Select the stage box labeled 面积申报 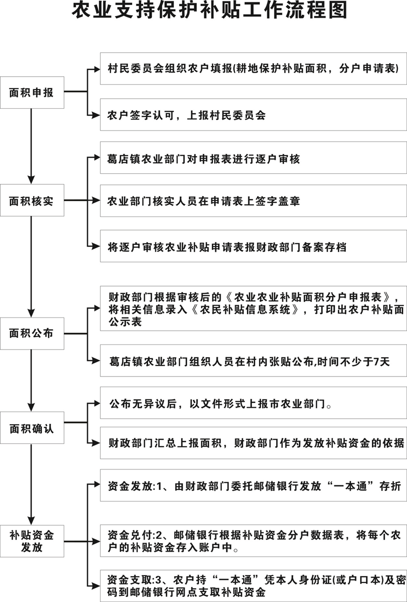(32, 92)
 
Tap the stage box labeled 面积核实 (32, 200)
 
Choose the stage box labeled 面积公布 (32, 333)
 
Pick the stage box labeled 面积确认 (32, 428)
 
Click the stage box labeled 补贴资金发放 (32, 541)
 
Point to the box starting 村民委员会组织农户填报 (253, 69)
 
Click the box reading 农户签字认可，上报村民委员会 (253, 114)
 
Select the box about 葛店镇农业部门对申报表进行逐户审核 (253, 157)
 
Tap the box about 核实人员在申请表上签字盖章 (253, 200)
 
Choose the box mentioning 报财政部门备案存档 (253, 246)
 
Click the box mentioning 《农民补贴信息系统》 (253, 308)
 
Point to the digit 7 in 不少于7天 (376, 361)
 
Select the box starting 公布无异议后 (253, 403)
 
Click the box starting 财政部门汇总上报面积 (253, 442)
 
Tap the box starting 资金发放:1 (253, 485)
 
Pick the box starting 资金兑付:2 (253, 541)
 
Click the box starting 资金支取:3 (253, 586)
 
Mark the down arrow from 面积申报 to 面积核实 (32, 146)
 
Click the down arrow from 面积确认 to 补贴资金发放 (32, 484)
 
